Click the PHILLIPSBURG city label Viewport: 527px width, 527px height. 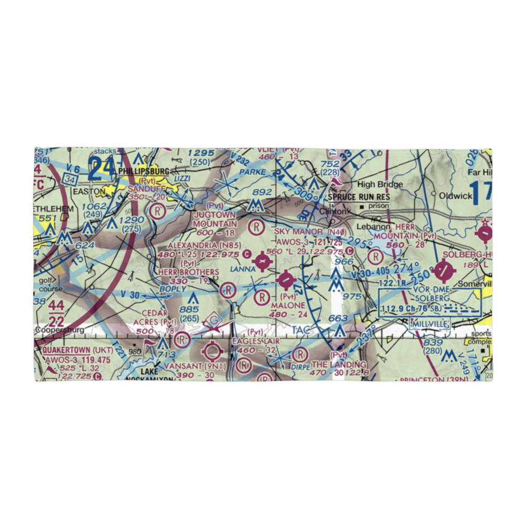(x=143, y=171)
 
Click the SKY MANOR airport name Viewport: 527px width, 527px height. (x=298, y=232)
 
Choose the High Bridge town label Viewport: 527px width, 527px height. (x=380, y=184)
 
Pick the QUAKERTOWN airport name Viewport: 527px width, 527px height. (x=67, y=350)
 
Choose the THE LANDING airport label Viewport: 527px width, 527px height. (x=338, y=365)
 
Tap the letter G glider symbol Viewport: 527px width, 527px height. (x=214, y=319)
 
